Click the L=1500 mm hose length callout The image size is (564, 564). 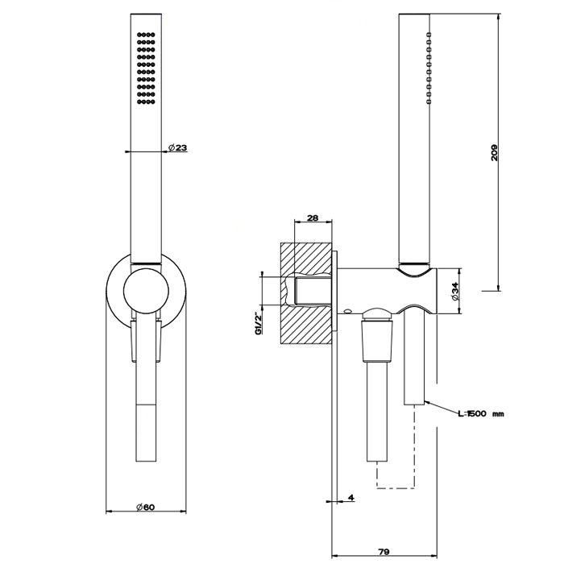click(x=480, y=413)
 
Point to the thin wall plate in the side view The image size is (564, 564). click(x=337, y=363)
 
